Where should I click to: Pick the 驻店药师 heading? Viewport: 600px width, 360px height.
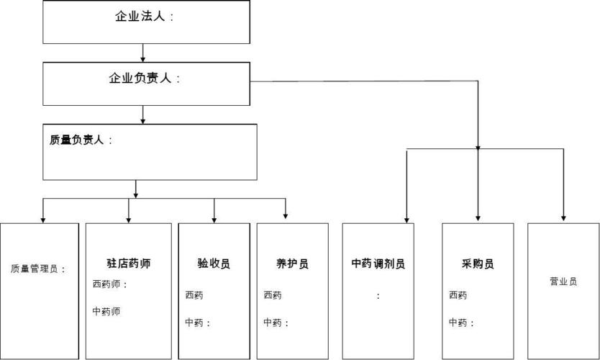[128, 264]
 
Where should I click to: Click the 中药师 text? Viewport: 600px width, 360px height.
[106, 311]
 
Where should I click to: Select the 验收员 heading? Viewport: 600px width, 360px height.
[214, 264]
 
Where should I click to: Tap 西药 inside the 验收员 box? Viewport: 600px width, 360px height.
[194, 295]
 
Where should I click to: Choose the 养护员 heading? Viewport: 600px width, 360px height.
[292, 264]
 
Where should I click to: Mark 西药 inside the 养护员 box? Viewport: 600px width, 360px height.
[273, 295]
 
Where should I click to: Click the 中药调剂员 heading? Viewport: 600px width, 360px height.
[378, 264]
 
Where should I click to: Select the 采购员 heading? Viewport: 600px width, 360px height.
[478, 264]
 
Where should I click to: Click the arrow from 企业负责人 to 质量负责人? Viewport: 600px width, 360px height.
[143, 114]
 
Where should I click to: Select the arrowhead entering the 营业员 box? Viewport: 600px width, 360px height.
[563, 217]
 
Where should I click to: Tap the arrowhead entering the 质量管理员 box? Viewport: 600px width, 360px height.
[42, 217]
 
